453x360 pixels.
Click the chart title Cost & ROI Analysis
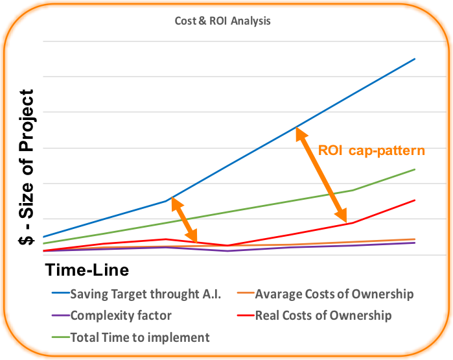[222, 21]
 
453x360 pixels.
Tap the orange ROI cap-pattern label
[371, 150]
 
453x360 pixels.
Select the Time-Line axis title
[87, 270]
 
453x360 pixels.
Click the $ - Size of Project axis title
[27, 167]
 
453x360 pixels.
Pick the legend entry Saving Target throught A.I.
[136, 294]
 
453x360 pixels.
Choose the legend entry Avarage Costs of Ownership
[325, 294]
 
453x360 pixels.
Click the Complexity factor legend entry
[111, 315]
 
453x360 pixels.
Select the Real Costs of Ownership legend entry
[314, 315]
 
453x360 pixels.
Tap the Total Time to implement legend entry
[130, 337]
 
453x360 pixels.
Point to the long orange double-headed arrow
[321, 174]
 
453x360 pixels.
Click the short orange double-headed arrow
[184, 220]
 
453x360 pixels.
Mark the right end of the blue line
[415, 59]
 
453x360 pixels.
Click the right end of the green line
[415, 169]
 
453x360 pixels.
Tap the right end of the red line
[415, 200]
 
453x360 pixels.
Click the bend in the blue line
[166, 200]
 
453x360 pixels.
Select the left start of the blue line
[43, 237]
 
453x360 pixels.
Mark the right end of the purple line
[415, 243]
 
